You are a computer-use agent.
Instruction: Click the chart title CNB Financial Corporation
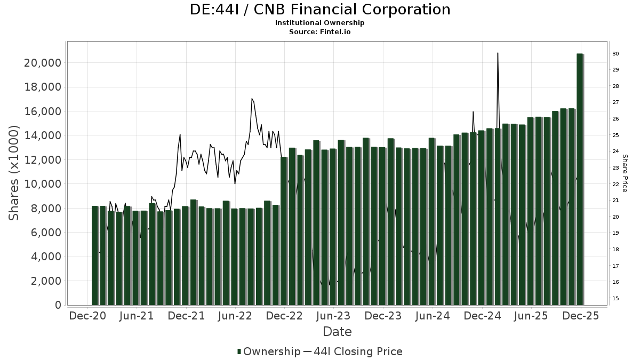(x=320, y=10)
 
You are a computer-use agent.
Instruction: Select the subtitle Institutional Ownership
(x=320, y=22)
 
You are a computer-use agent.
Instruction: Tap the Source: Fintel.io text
(x=320, y=31)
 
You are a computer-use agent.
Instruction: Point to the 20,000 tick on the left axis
(x=42, y=63)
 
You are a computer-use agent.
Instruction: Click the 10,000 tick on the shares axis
(x=42, y=184)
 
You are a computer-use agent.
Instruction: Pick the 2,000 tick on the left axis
(x=45, y=281)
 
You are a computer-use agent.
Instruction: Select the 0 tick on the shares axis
(x=58, y=305)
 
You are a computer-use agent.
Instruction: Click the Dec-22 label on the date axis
(x=284, y=316)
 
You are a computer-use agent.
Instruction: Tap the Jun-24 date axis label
(x=432, y=316)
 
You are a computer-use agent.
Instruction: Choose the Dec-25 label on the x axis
(x=581, y=316)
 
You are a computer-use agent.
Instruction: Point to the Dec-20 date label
(x=87, y=316)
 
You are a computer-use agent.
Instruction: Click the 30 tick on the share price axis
(x=615, y=53)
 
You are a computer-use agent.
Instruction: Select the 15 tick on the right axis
(x=615, y=298)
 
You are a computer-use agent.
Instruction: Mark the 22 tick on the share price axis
(x=615, y=184)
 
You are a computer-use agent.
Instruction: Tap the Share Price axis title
(x=625, y=173)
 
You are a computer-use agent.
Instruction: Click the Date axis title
(x=337, y=332)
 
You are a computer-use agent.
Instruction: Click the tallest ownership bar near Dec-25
(x=580, y=179)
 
